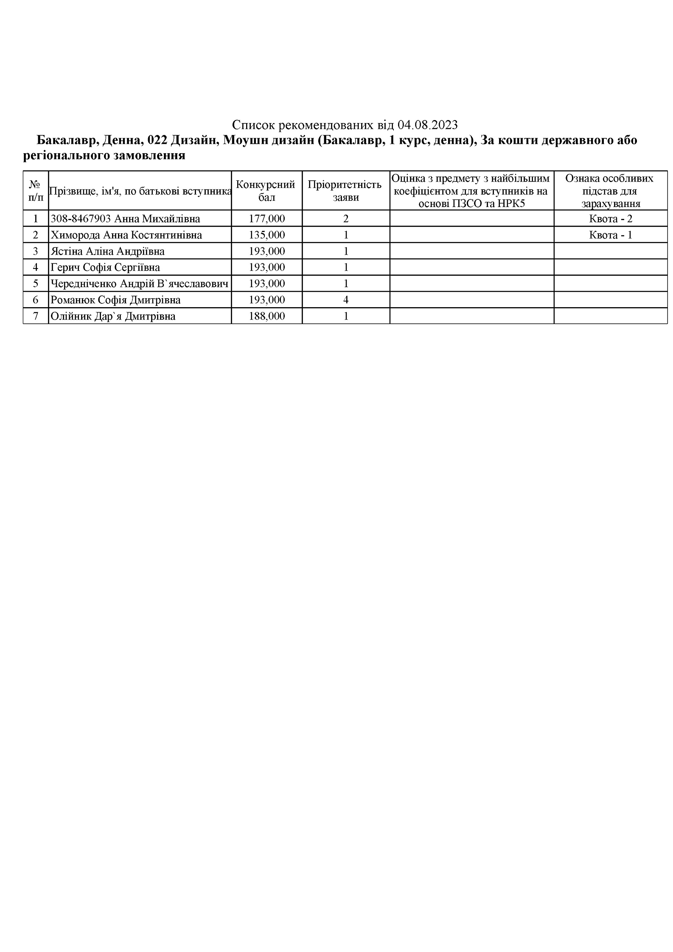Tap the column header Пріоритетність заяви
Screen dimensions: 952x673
(x=345, y=190)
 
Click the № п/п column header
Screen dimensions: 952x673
(x=36, y=190)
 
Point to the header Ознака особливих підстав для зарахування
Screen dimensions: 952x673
(x=610, y=190)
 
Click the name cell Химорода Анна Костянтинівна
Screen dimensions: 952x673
(x=126, y=235)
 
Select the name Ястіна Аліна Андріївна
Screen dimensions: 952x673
(x=107, y=251)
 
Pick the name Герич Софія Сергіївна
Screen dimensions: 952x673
(x=105, y=267)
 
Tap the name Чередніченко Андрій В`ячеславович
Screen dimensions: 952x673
(x=139, y=283)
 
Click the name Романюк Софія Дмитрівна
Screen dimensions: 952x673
(x=115, y=300)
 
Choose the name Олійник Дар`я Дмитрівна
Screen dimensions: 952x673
(x=113, y=316)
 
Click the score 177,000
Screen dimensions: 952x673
(x=266, y=219)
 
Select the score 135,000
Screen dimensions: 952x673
(x=266, y=235)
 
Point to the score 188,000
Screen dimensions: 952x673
(x=266, y=316)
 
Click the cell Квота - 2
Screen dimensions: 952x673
(x=610, y=219)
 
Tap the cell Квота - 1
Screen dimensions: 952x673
(x=610, y=235)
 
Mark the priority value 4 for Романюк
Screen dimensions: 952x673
(x=346, y=300)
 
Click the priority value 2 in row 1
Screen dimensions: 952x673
(x=346, y=219)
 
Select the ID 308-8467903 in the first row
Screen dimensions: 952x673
(x=81, y=219)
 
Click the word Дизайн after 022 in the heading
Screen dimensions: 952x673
(x=193, y=140)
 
